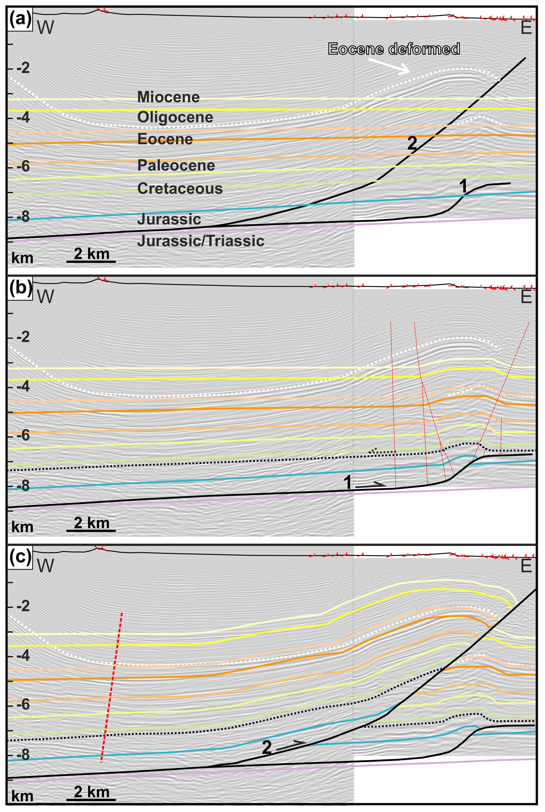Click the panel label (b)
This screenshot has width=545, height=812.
(20, 288)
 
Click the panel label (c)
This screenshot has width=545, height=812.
(20, 557)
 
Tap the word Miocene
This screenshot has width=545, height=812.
(168, 97)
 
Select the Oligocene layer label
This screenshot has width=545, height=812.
(175, 117)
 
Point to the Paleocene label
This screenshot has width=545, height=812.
(176, 165)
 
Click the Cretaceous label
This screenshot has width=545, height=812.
(180, 189)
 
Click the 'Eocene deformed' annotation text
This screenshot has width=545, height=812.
(394, 49)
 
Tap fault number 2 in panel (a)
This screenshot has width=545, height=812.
(412, 143)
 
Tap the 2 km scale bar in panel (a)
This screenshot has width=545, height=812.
(91, 261)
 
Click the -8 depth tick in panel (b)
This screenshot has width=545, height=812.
(23, 486)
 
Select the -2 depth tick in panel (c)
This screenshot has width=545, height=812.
(23, 606)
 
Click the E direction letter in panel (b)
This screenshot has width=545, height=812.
(526, 297)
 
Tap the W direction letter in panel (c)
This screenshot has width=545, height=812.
(46, 566)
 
